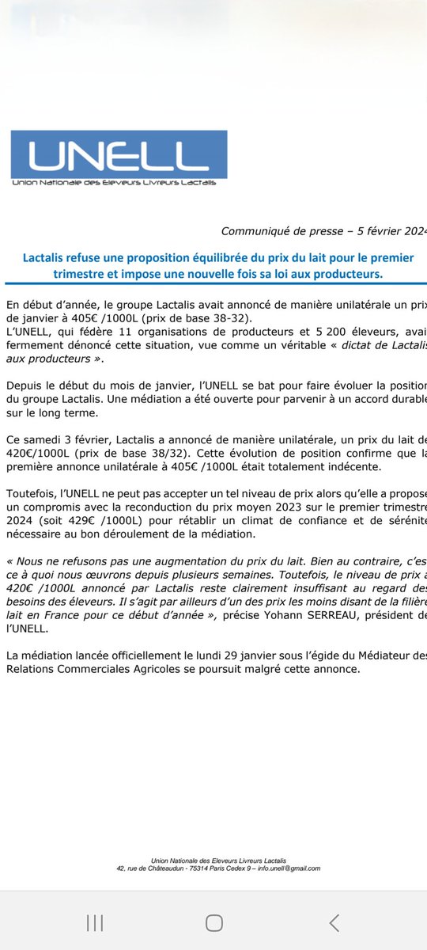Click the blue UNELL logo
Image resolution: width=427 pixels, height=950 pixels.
(x=119, y=159)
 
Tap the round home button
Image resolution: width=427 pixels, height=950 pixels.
(x=213, y=922)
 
